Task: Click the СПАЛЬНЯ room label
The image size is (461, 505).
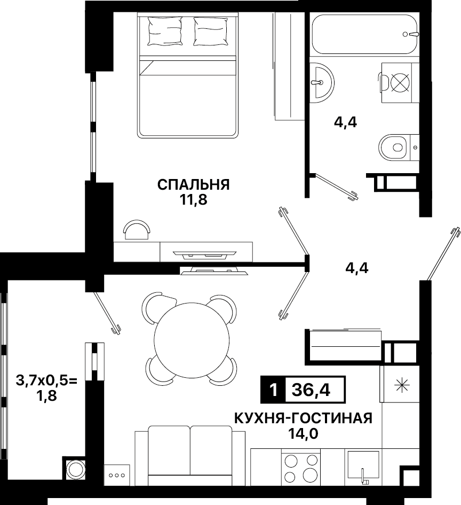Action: pyautogui.click(x=194, y=185)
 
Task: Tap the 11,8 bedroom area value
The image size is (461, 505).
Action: pyautogui.click(x=194, y=200)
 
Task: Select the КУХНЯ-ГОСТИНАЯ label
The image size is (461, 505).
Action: pyautogui.click(x=303, y=418)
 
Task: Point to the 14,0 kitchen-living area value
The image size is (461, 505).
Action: pyautogui.click(x=303, y=434)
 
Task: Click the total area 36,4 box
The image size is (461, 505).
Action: pyautogui.click(x=315, y=390)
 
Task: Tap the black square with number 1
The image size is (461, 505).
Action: pyautogui.click(x=273, y=390)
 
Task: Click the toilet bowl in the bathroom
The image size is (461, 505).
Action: pyautogui.click(x=393, y=147)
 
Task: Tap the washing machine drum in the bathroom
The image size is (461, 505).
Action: pyautogui.click(x=400, y=82)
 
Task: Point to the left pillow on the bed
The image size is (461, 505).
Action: pyautogui.click(x=164, y=31)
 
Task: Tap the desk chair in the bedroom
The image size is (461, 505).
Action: pyautogui.click(x=137, y=229)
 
